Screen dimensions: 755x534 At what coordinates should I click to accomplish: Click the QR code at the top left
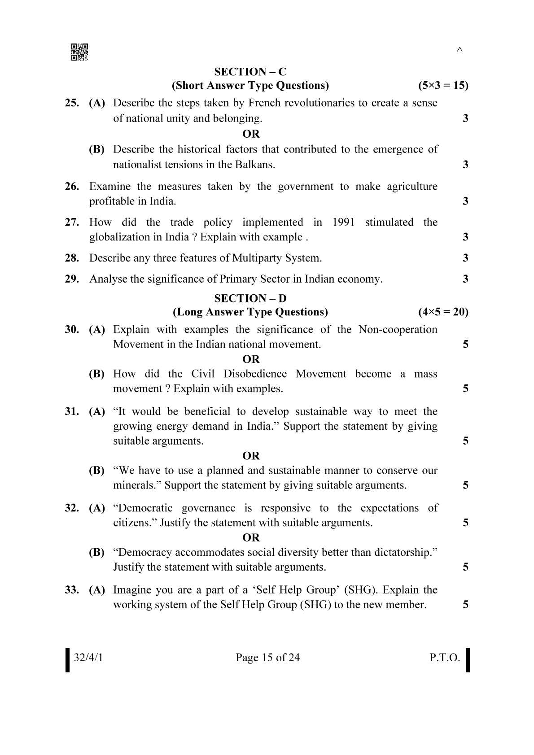tap(79, 52)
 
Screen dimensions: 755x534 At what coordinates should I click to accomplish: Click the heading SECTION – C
tap(250, 72)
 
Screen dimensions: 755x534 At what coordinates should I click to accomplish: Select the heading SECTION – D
tap(250, 298)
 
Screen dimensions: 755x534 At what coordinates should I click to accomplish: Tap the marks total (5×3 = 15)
tap(443, 85)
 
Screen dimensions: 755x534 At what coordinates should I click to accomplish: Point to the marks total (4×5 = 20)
tap(443, 312)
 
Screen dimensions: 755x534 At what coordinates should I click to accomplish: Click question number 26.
tap(72, 186)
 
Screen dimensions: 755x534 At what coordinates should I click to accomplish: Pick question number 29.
tap(72, 279)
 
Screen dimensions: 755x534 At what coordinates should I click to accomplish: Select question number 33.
tap(72, 589)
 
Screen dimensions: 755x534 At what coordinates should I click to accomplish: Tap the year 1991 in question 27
tap(343, 222)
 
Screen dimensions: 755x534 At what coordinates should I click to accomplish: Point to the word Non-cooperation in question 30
tap(398, 329)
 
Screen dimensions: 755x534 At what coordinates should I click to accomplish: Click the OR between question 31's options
tap(251, 456)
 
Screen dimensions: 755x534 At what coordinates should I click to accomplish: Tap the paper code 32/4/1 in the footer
tap(88, 658)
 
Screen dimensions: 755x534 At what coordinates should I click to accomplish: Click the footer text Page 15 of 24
tap(267, 658)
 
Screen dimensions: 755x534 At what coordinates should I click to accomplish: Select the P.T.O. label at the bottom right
tap(444, 658)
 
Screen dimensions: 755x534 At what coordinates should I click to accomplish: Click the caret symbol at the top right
tap(459, 50)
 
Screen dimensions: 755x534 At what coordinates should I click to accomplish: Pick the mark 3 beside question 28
tap(465, 258)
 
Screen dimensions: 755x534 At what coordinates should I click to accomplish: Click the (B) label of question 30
tap(96, 374)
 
